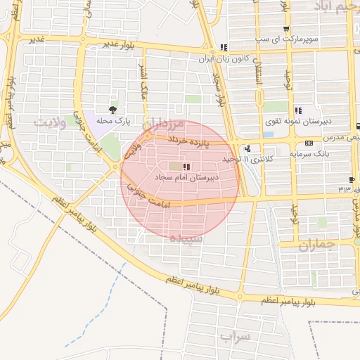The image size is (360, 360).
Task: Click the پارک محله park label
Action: click(113, 121)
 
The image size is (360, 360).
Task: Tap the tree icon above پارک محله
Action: click(113, 109)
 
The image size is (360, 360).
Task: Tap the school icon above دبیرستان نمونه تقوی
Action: click(299, 110)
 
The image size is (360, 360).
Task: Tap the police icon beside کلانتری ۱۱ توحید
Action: click(247, 149)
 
